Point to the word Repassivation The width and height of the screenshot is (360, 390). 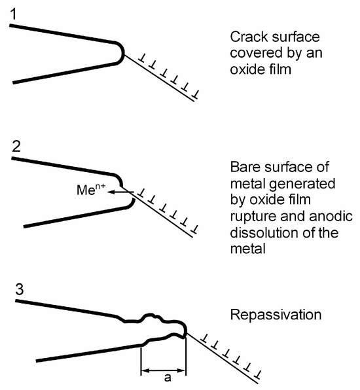pos(276,315)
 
